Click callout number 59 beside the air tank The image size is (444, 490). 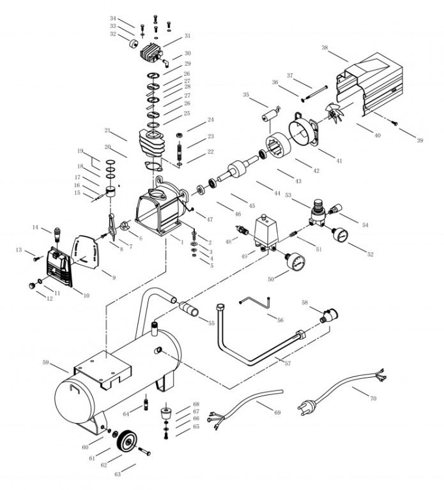[x=45, y=362]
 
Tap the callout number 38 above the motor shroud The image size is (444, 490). [x=325, y=48]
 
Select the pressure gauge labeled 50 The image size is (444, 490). [x=295, y=262]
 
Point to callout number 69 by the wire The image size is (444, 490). [x=277, y=413]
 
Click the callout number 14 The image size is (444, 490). [x=36, y=228]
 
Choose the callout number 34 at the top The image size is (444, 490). [x=113, y=19]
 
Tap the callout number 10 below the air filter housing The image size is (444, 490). [x=86, y=295]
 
